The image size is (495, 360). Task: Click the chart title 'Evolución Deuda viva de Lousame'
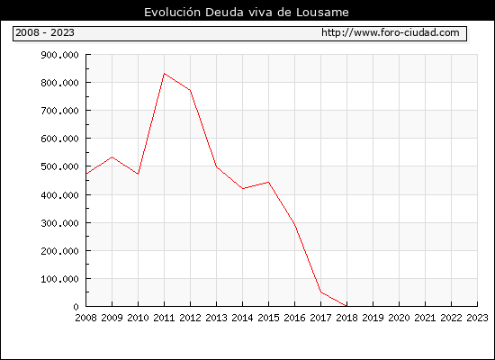click(247, 13)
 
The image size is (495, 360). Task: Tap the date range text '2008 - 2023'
click(45, 32)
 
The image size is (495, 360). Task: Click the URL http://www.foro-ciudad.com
click(391, 32)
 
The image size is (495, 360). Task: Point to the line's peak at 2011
click(164, 73)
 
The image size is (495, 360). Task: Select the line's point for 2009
click(112, 157)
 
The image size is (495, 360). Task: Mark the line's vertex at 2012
click(191, 90)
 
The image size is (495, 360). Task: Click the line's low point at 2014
click(242, 188)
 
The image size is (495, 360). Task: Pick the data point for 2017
click(321, 292)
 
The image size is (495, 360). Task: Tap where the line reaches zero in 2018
click(346, 306)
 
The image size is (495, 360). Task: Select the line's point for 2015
click(269, 182)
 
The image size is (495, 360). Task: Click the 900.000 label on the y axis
click(59, 55)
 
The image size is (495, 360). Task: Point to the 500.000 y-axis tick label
click(59, 166)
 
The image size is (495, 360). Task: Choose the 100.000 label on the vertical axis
click(59, 279)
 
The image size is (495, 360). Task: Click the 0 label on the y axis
click(76, 307)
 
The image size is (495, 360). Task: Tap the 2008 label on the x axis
click(85, 318)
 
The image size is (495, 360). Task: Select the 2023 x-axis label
click(477, 318)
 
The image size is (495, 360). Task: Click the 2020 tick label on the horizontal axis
click(399, 318)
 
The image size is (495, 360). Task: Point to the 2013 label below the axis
click(216, 318)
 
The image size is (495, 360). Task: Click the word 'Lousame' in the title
click(322, 13)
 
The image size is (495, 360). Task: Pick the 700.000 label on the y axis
click(59, 111)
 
